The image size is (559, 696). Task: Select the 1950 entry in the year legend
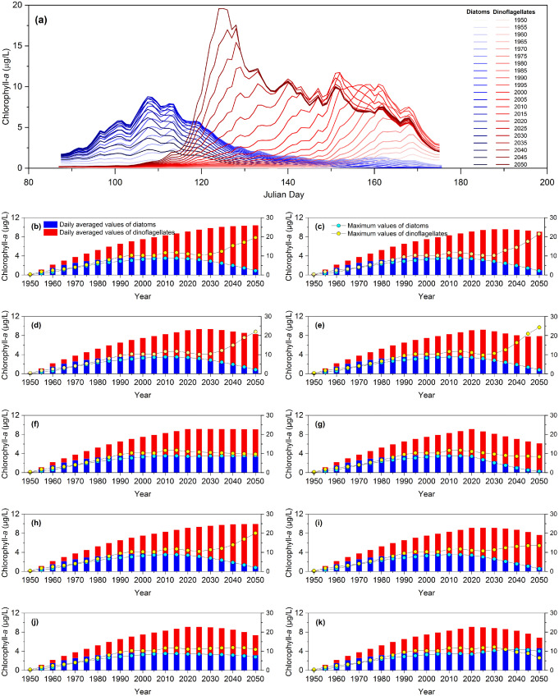click(x=531, y=17)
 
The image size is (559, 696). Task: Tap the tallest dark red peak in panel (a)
click(x=221, y=9)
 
